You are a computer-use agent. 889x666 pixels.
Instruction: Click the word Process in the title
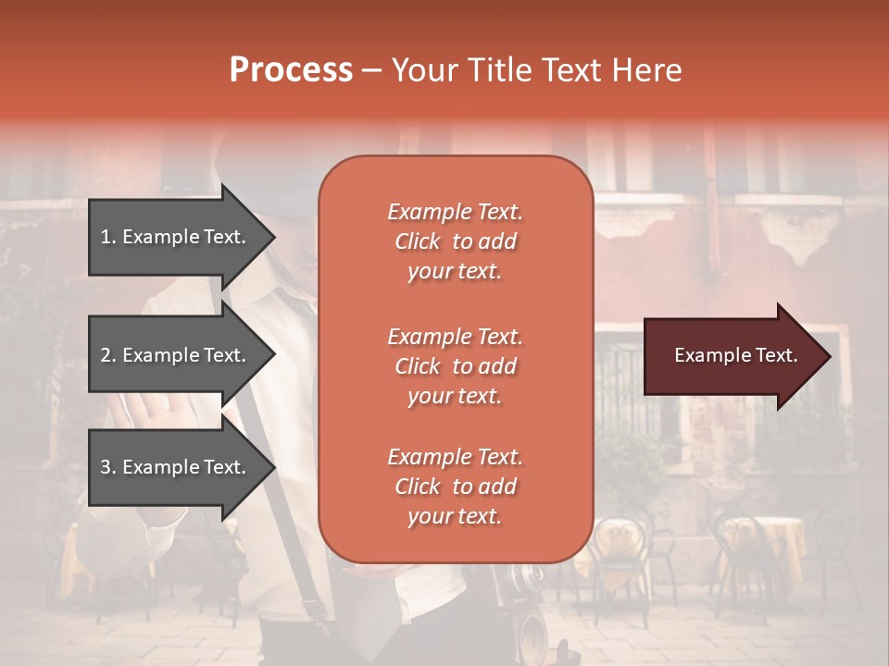click(291, 70)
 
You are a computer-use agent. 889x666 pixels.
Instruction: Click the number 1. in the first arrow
click(107, 237)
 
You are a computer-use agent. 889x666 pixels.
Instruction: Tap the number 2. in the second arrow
click(107, 355)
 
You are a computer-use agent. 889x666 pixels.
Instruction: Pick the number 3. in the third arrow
click(107, 467)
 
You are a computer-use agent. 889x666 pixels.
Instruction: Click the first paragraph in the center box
click(455, 241)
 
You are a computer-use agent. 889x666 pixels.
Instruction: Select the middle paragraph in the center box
click(455, 366)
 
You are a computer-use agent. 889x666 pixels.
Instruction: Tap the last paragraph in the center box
click(455, 487)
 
